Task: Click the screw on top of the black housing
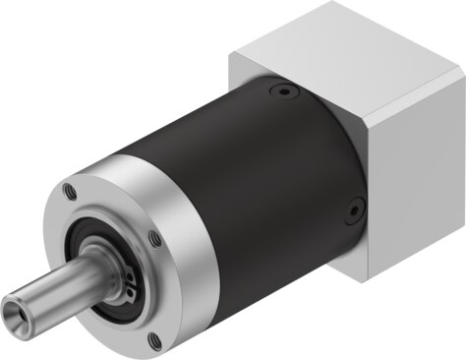(x=284, y=91)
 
